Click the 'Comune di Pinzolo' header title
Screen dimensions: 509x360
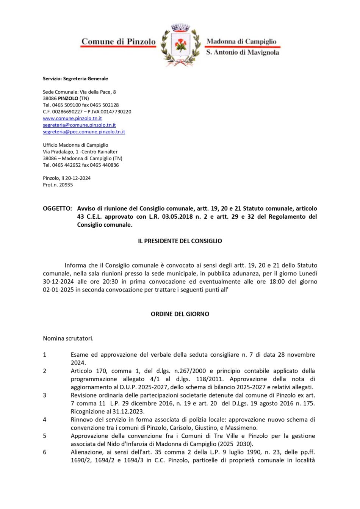pyautogui.click(x=119, y=42)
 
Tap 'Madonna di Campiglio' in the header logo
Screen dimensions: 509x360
pyautogui.click(x=241, y=41)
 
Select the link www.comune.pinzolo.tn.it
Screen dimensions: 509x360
pyautogui.click(x=72, y=118)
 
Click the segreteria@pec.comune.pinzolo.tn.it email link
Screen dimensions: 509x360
pyautogui.click(x=84, y=132)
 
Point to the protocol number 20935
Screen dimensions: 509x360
pyautogui.click(x=66, y=185)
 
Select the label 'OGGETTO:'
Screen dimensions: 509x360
pyautogui.click(x=57, y=208)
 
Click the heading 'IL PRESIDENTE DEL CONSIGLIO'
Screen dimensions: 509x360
pyautogui.click(x=180, y=241)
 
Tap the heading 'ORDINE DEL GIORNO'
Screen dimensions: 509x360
pyautogui.click(x=180, y=314)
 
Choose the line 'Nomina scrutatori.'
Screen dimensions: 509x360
pyautogui.click(x=68, y=338)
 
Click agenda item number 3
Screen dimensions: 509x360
pyautogui.click(x=45, y=395)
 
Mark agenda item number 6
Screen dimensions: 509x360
pyautogui.click(x=45, y=452)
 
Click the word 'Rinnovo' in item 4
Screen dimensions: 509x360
pyautogui.click(x=82, y=420)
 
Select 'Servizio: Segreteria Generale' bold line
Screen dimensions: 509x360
pyautogui.click(x=75, y=79)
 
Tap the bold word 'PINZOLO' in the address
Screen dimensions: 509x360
pyautogui.click(x=68, y=99)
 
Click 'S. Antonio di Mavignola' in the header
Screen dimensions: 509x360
pyautogui.click(x=243, y=52)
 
